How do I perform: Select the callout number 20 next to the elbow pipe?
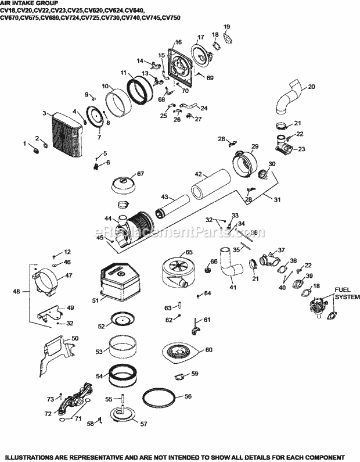pyautogui.click(x=311, y=87)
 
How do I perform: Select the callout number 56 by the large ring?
pyautogui.click(x=187, y=397)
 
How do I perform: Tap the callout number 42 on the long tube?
pyautogui.click(x=198, y=173)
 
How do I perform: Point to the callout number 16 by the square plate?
pyautogui.click(x=178, y=42)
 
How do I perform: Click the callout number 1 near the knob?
pyautogui.click(x=25, y=144)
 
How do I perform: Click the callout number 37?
pyautogui.click(x=282, y=250)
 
